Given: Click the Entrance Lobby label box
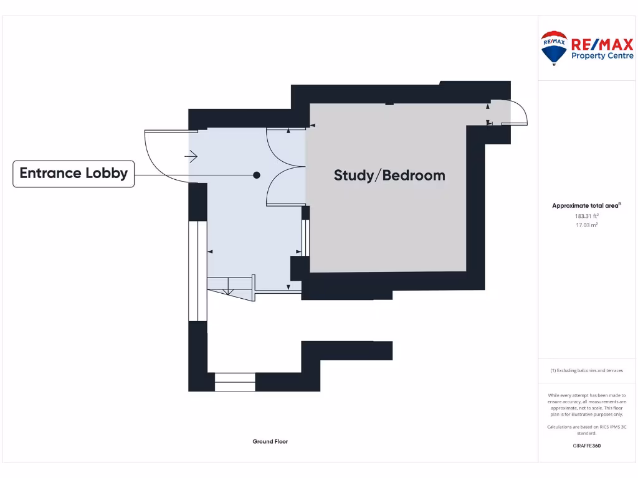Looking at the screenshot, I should pos(74,174).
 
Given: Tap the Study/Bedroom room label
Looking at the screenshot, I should pos(389,176).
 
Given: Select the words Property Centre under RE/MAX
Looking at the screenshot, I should pos(602,56).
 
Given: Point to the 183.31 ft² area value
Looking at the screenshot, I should pos(586,216).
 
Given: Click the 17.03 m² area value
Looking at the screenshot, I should pos(586,225).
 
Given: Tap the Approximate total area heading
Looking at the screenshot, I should pos(586,206).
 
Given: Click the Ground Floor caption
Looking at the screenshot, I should pos(270,441).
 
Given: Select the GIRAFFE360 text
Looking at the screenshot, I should pos(586,446).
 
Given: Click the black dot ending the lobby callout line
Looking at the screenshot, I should pos(257,176).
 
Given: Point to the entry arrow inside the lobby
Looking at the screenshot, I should pos(192,157).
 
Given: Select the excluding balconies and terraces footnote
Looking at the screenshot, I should pos(586,370).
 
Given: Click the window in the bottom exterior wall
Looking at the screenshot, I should pos(235,382).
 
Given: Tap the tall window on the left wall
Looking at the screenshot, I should pos(198,271).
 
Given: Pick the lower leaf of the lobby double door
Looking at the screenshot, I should pos(284,187).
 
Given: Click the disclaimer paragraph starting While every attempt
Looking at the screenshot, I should pos(586,405).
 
